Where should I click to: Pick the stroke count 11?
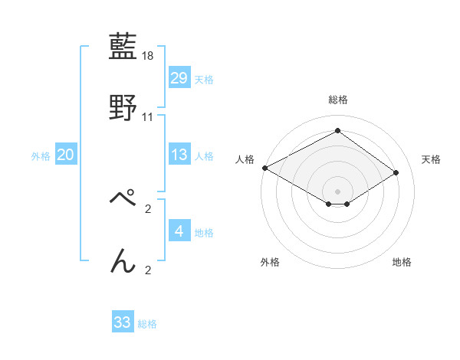(x=148, y=116)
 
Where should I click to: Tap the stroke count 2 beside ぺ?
(x=148, y=208)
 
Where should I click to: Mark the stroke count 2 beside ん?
(x=148, y=269)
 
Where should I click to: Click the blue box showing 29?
(x=179, y=78)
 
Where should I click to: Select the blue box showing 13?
(x=179, y=155)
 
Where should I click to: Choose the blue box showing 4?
(x=179, y=231)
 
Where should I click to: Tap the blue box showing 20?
(x=66, y=155)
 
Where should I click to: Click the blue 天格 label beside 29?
(x=204, y=79)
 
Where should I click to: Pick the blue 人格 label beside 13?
(x=204, y=155)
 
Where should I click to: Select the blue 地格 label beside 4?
(x=204, y=232)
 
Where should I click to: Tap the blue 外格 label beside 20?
(x=41, y=155)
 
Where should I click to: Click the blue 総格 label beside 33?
(x=147, y=323)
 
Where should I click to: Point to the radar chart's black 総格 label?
(x=337, y=100)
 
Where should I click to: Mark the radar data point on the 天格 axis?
(x=396, y=172)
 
